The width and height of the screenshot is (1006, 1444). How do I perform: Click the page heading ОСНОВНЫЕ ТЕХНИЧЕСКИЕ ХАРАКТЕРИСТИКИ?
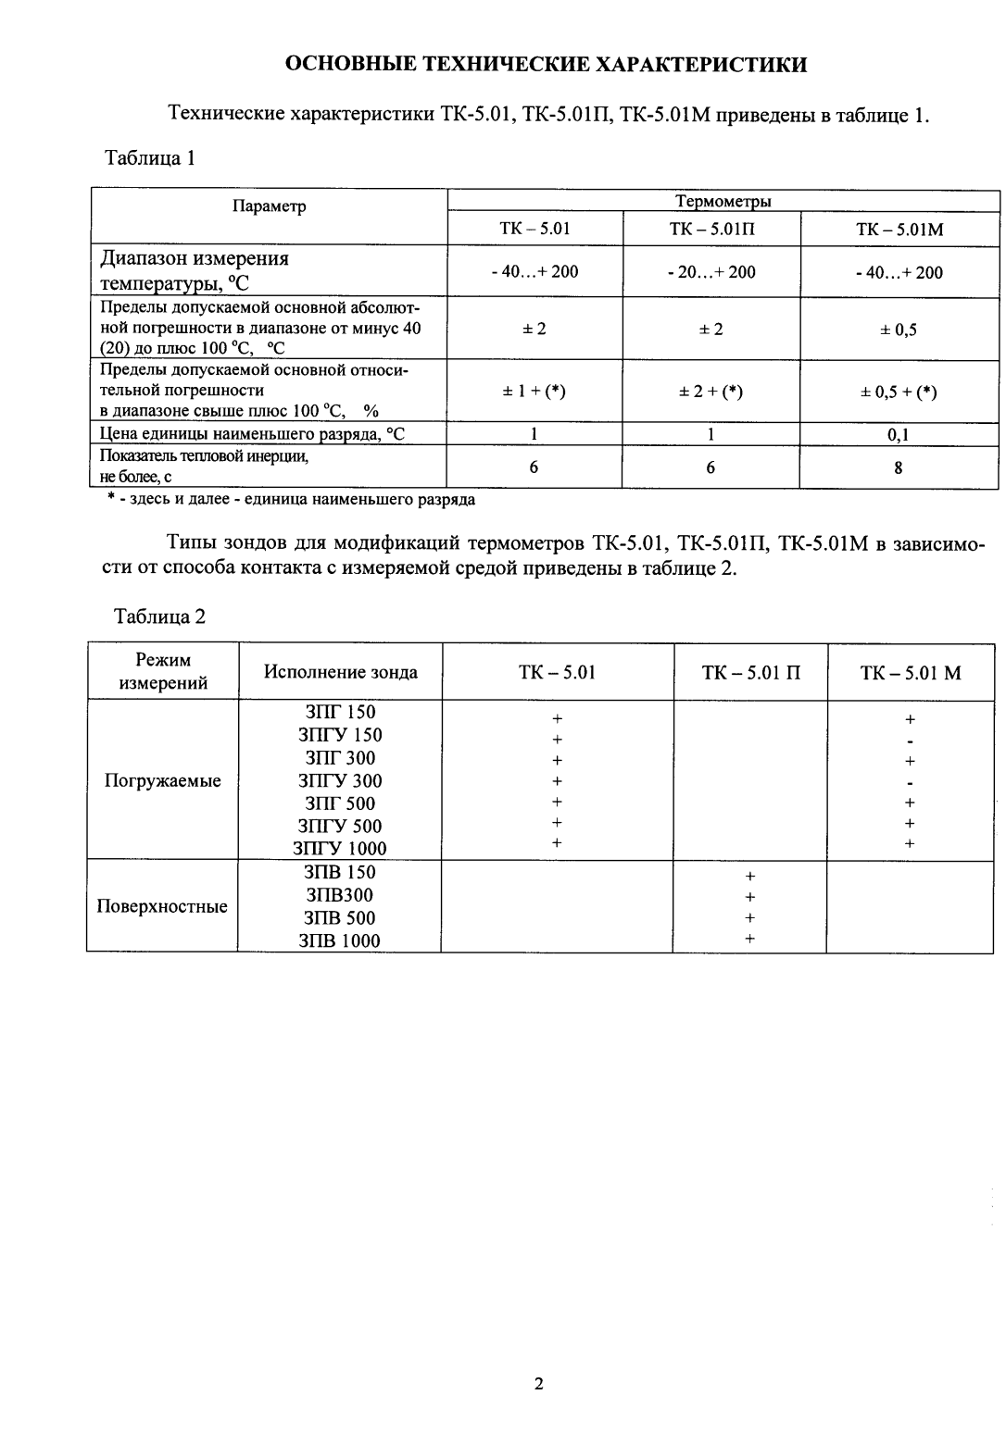click(546, 64)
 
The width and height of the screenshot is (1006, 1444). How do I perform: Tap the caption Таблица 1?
click(150, 157)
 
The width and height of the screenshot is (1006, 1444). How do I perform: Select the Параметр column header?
click(269, 206)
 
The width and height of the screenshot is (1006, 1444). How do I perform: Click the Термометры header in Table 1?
click(723, 201)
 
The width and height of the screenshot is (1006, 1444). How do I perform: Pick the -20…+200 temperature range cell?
click(710, 271)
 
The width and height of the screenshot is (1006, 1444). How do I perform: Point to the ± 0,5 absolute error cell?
click(898, 330)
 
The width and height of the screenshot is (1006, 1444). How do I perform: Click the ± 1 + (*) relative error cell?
click(534, 392)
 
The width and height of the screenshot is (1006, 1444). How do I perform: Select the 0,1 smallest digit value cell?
click(898, 435)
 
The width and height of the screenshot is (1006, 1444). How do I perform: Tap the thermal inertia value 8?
click(898, 467)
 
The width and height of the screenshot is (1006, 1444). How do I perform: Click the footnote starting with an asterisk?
click(290, 500)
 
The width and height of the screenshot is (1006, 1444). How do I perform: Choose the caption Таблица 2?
click(159, 616)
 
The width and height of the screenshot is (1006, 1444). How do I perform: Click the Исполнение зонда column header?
click(340, 672)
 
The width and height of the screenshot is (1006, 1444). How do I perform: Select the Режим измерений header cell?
click(163, 672)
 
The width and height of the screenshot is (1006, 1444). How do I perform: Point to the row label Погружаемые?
click(163, 780)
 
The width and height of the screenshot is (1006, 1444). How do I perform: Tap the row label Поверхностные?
click(162, 906)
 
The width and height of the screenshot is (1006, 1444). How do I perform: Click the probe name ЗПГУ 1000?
click(340, 848)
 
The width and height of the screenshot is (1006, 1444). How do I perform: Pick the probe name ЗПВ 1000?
click(340, 940)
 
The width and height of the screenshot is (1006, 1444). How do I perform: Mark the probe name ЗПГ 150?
click(340, 712)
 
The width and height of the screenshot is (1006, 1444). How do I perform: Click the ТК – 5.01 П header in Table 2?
click(750, 672)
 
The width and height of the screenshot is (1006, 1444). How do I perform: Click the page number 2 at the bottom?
click(538, 1384)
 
